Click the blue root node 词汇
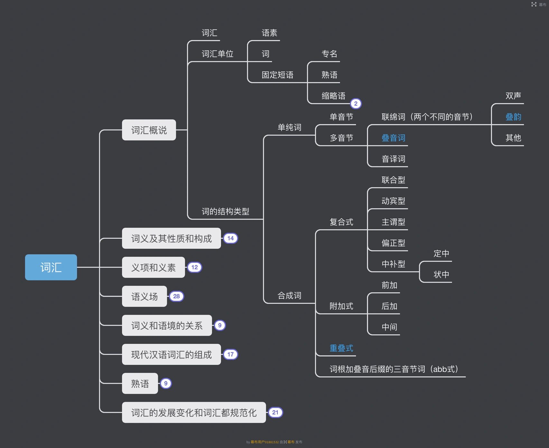pos(51,267)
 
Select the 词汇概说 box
pos(149,130)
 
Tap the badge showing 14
pos(230,238)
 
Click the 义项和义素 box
pos(153,267)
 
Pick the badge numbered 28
pos(176,296)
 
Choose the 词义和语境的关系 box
pos(167,326)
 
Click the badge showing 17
pos(230,354)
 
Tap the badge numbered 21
pos(275,413)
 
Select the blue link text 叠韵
pos(513,117)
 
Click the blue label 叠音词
pos(393,138)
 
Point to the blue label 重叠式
pos(341,348)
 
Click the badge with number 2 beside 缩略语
pos(356,104)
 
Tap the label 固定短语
pos(277,75)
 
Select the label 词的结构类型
pos(225,212)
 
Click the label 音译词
pos(393,159)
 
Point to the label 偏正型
pos(393,243)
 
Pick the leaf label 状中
pos(441,275)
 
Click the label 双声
pos(513,96)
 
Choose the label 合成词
pos(289,296)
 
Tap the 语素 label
pos(269,33)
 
